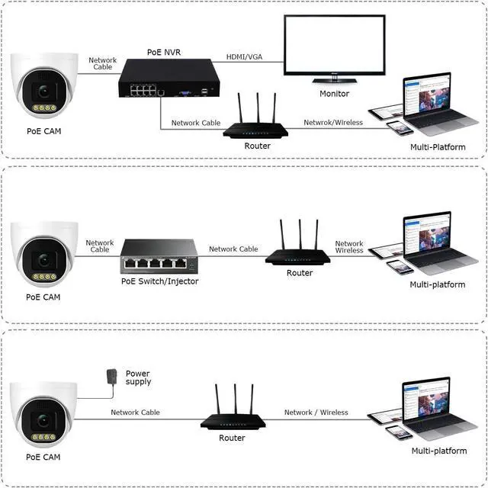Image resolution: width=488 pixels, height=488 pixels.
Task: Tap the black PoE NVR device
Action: pyautogui.click(x=165, y=80)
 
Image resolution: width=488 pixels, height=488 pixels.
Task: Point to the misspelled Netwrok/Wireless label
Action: pyautogui.click(x=333, y=122)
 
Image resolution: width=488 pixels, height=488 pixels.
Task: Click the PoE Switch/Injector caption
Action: pyautogui.click(x=159, y=281)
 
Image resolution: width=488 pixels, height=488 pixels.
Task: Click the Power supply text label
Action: pyautogui.click(x=138, y=378)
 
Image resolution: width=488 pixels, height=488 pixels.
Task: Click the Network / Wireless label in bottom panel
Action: pyautogui.click(x=316, y=413)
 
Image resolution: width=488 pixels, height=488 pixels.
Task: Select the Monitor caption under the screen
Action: pyautogui.click(x=334, y=94)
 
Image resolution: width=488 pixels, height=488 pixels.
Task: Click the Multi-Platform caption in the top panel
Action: pyautogui.click(x=437, y=146)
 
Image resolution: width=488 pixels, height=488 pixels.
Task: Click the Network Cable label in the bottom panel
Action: pyautogui.click(x=135, y=413)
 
